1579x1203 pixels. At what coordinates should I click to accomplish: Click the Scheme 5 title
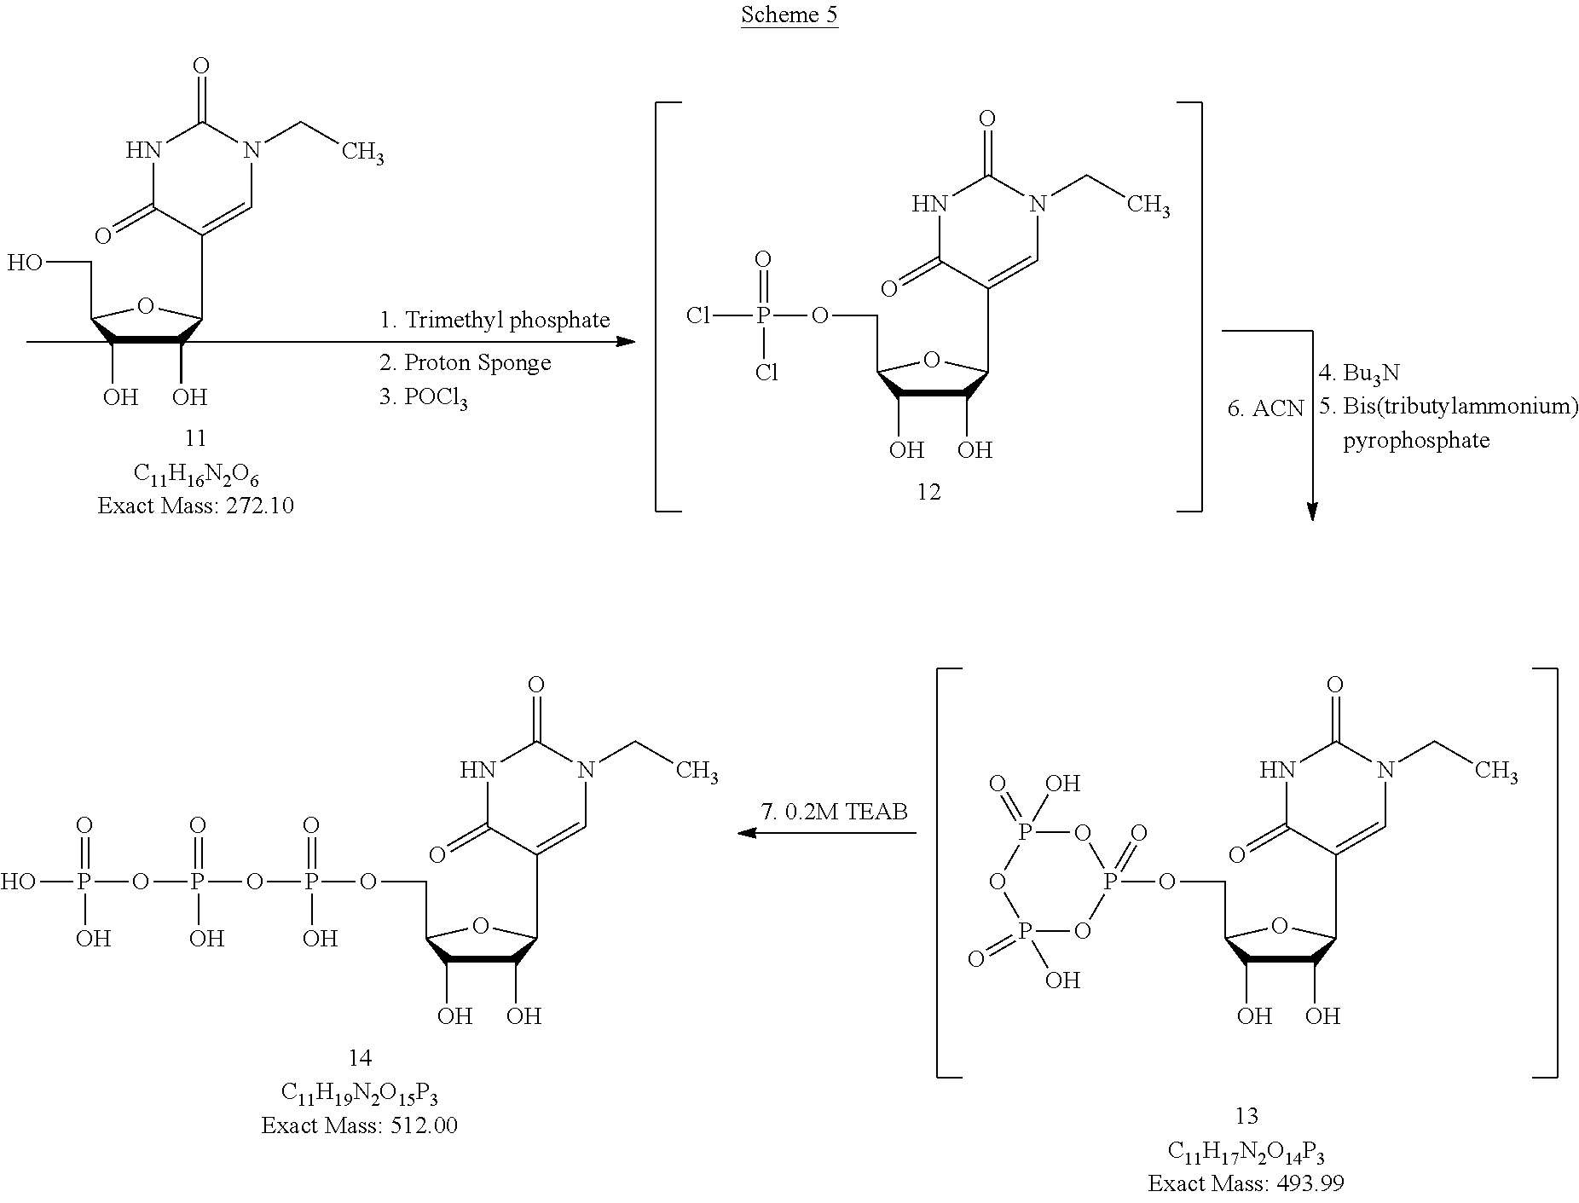coord(789,14)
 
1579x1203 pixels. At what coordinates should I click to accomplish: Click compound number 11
coord(195,437)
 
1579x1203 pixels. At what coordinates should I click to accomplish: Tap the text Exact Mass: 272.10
coord(195,506)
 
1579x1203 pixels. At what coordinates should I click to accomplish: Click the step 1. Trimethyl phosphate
coord(495,320)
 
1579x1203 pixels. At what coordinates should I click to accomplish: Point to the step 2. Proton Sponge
coord(465,362)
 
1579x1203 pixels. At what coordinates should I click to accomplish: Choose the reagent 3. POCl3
coord(423,399)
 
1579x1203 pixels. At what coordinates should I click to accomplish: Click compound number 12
coord(928,492)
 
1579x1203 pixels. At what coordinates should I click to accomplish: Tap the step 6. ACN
coord(1265,408)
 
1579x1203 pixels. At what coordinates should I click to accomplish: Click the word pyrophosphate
coord(1416,441)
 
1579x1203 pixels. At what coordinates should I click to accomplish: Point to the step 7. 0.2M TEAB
coord(834,811)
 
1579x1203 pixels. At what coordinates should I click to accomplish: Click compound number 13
coord(1246,1115)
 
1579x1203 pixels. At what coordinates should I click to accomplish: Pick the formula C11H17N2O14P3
coord(1246,1152)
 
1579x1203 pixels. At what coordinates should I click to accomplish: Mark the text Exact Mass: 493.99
coord(1246,1183)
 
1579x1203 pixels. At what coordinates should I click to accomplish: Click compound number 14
coord(360,1058)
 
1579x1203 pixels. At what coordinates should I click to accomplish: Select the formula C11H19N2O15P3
coord(360,1094)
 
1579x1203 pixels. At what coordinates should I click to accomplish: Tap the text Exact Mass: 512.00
coord(360,1125)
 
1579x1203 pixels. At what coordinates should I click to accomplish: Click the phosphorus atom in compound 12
coord(763,317)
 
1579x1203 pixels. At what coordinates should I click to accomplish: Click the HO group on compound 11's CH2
coord(25,263)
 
